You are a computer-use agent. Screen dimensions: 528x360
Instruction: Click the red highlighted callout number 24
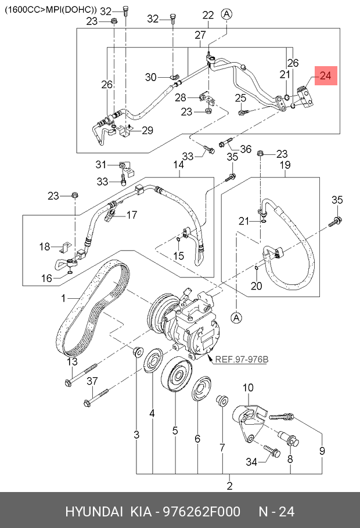coord(325,75)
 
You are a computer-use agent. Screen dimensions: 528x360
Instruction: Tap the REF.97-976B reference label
coord(242,359)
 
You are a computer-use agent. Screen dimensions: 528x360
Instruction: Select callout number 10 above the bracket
coord(248,387)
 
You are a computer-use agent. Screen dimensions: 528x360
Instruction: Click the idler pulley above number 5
coord(175,378)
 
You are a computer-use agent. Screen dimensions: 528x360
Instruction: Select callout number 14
coord(178,165)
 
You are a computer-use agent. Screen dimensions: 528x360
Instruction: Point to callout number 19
coord(285,165)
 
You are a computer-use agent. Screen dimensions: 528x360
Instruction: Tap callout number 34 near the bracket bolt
coord(251,462)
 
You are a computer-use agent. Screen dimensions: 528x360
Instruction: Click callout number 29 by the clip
coord(147,131)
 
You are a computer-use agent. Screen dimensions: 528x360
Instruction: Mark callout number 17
coord(132,215)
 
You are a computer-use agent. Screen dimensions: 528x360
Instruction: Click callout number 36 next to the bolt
coord(245,149)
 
